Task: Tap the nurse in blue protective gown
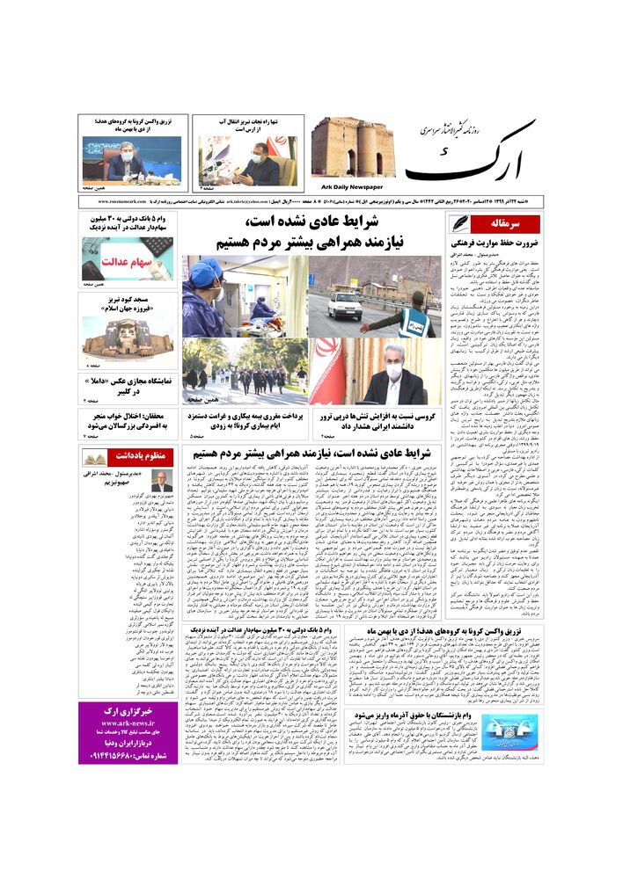tap(203, 299)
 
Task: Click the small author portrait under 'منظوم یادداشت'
tap(161, 482)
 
